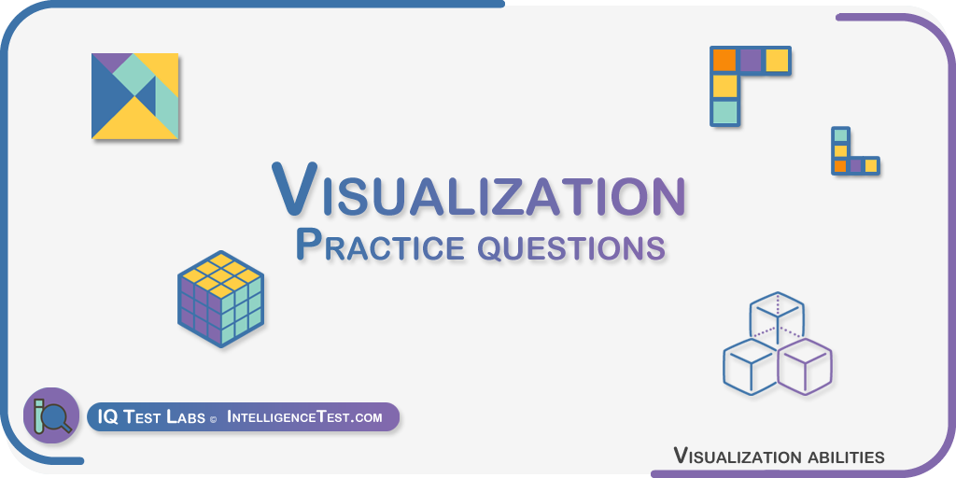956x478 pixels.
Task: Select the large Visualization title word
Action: pos(479,189)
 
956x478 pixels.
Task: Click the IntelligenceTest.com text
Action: pos(305,417)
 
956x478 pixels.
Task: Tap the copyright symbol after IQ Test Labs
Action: pos(213,420)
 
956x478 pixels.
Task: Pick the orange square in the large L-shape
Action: pos(724,61)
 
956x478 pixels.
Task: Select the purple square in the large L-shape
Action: pos(751,61)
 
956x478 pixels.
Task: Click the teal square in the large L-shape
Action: pos(724,112)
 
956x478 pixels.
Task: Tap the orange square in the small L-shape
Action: pos(840,165)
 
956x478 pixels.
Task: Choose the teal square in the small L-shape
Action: pos(840,135)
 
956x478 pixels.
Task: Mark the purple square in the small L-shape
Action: pos(855,165)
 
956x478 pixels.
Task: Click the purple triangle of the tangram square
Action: pos(112,60)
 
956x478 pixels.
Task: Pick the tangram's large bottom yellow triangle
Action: pos(134,124)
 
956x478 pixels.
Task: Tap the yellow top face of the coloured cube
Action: pos(220,275)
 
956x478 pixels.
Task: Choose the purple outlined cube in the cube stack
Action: pos(805,366)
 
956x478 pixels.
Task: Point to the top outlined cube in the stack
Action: pos(777,318)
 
